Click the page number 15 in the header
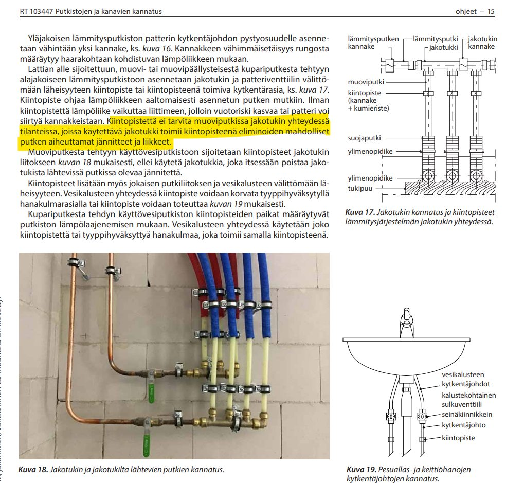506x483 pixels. pyautogui.click(x=491, y=12)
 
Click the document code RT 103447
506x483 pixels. pyautogui.click(x=37, y=12)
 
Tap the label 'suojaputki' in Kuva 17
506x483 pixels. pyautogui.click(x=365, y=138)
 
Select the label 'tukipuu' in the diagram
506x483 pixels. pyautogui.click(x=360, y=189)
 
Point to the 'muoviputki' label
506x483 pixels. pyautogui.click(x=366, y=82)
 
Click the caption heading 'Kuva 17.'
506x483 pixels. pyautogui.click(x=360, y=212)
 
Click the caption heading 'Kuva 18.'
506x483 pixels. pyautogui.click(x=33, y=470)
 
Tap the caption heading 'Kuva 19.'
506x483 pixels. pyautogui.click(x=362, y=470)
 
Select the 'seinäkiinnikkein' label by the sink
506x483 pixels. pyautogui.click(x=467, y=414)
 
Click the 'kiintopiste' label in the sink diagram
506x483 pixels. pyautogui.click(x=458, y=438)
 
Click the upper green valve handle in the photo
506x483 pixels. pyautogui.click(x=151, y=393)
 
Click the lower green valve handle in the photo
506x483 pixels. pyautogui.click(x=146, y=445)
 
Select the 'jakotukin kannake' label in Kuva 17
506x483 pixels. pyautogui.click(x=482, y=43)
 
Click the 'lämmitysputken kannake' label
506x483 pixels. pyautogui.click(x=373, y=43)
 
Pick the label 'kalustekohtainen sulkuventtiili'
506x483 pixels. pyautogui.click(x=468, y=400)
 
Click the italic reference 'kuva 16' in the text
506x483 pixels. pyautogui.click(x=153, y=49)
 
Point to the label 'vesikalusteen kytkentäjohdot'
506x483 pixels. pyautogui.click(x=466, y=380)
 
